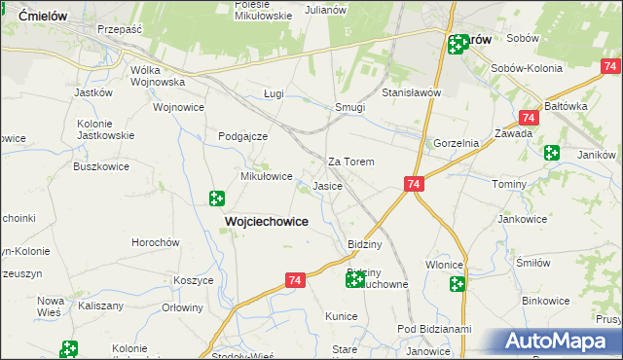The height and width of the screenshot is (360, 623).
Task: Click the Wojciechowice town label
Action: click(267, 222)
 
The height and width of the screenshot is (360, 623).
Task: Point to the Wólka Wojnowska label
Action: click(158, 76)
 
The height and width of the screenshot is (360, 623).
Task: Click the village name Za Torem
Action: click(351, 162)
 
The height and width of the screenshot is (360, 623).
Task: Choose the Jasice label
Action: click(326, 185)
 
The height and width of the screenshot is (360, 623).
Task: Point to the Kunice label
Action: click(342, 316)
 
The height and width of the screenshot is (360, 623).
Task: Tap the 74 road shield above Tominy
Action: click(415, 184)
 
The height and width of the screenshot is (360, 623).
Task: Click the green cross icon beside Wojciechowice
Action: click(217, 198)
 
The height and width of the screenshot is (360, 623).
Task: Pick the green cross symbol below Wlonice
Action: click(457, 284)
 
